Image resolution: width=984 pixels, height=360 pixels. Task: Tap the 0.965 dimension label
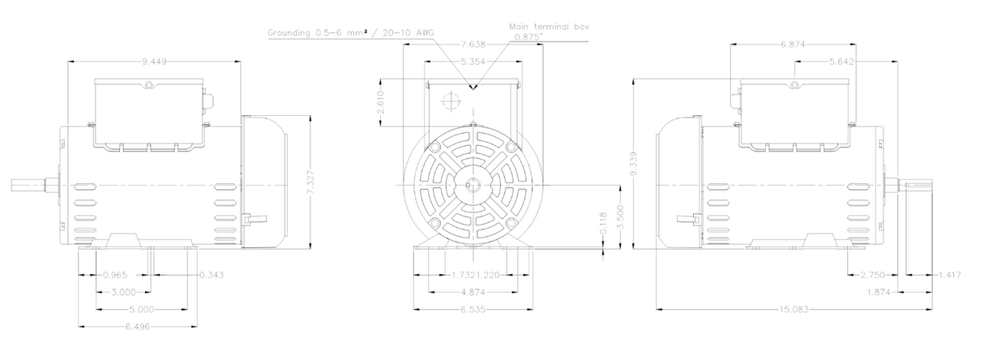point(115,275)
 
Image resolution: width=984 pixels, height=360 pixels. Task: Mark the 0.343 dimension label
point(211,275)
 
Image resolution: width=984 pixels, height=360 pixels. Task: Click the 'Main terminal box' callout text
point(549,26)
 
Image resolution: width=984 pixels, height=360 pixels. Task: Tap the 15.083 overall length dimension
point(794,309)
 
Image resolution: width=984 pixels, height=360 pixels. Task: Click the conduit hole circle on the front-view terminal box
point(448,102)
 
